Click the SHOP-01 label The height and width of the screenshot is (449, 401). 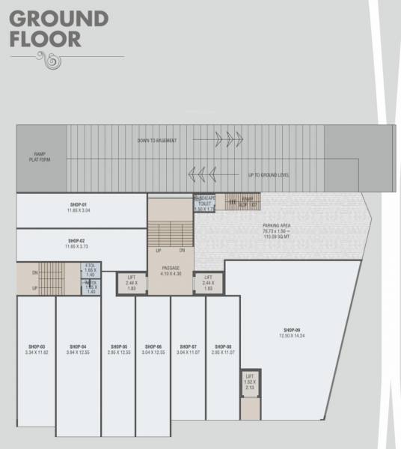[x=79, y=204]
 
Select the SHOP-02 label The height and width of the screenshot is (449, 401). [x=79, y=241]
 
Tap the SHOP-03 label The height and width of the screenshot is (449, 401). [x=37, y=346]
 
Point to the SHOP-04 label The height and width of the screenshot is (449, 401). [x=78, y=346]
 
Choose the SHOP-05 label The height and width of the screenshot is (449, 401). [x=118, y=346]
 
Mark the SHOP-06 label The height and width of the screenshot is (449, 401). [x=153, y=346]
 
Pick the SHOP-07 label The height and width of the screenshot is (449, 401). [x=188, y=346]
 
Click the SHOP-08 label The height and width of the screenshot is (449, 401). [x=222, y=346]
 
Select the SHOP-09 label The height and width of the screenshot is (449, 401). [x=292, y=330]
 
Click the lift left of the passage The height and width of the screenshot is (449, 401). [x=132, y=282]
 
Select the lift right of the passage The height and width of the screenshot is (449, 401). [x=208, y=282]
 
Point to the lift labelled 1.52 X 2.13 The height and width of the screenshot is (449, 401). [x=250, y=382]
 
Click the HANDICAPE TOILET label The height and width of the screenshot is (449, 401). [x=205, y=204]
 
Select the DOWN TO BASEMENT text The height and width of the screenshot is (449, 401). [x=158, y=141]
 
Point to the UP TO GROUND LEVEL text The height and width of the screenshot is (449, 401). [x=269, y=175]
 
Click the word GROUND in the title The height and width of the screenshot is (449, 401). [x=59, y=18]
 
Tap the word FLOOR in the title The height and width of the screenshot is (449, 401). [x=46, y=39]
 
